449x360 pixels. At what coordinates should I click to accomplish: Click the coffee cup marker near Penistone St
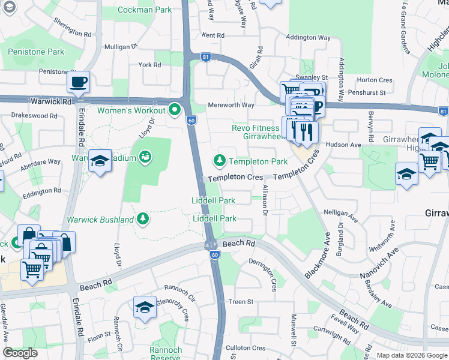click(x=78, y=82)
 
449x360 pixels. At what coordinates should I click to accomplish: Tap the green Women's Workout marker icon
click(x=175, y=110)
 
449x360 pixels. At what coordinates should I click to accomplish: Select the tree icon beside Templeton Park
click(x=220, y=161)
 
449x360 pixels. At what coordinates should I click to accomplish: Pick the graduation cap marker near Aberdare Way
click(x=100, y=161)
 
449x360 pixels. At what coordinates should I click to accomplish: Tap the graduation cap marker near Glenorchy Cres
click(x=145, y=308)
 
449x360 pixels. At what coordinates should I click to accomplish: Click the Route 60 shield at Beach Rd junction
click(x=214, y=255)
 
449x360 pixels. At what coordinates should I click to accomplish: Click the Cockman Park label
click(x=144, y=10)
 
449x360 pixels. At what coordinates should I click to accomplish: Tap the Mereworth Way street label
click(x=231, y=105)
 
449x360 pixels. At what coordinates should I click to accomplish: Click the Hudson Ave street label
click(x=343, y=145)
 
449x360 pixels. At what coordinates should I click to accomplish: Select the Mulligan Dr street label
click(x=121, y=46)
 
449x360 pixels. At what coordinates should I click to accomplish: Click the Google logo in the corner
click(x=20, y=353)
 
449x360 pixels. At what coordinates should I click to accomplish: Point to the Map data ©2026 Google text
click(x=411, y=355)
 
